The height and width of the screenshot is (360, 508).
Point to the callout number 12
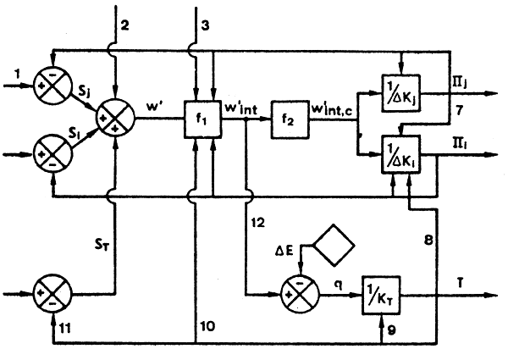pyautogui.click(x=260, y=222)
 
